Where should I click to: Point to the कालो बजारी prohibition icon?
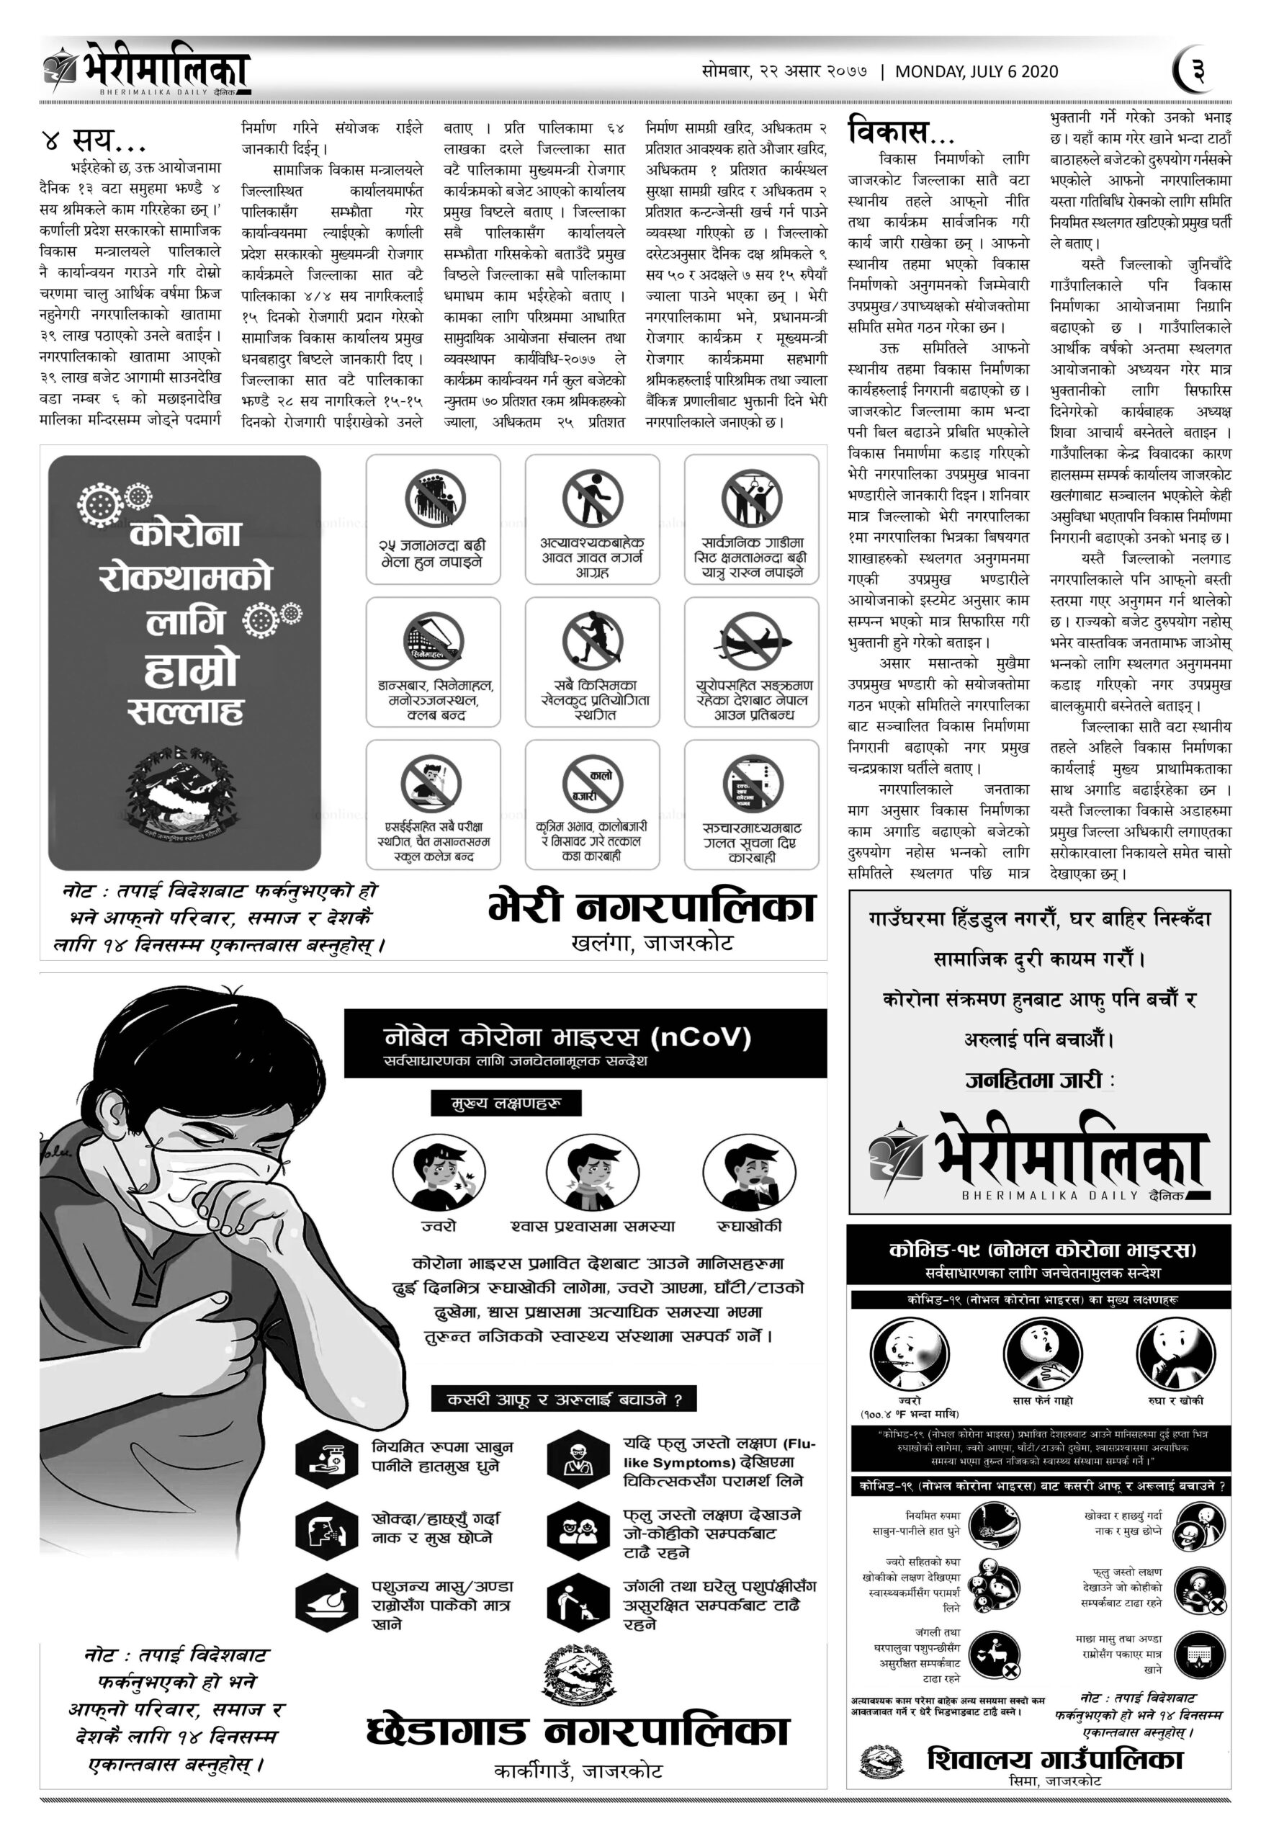pyautogui.click(x=592, y=784)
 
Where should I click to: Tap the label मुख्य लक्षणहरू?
pyautogui.click(x=506, y=1104)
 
